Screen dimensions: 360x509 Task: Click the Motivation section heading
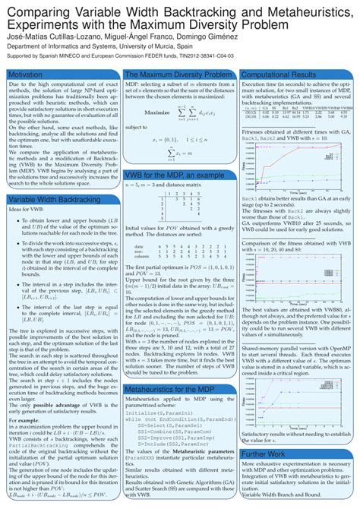pos(27,74)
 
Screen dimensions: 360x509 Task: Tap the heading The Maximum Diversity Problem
pos(176,74)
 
